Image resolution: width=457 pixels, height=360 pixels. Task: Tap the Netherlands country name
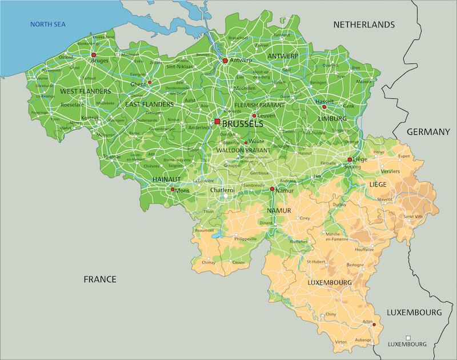(x=364, y=25)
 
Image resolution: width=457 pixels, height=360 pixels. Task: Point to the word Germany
(x=428, y=132)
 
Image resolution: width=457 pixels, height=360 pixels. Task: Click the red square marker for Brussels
(x=217, y=122)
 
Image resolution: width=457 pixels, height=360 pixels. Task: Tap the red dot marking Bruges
(x=94, y=55)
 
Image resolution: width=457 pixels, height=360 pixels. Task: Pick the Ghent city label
(x=138, y=85)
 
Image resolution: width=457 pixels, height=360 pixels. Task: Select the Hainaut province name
(x=167, y=179)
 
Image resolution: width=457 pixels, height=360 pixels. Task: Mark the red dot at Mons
(x=173, y=189)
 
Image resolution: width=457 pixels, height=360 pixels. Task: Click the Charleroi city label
(x=223, y=190)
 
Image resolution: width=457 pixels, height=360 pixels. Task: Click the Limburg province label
(x=332, y=118)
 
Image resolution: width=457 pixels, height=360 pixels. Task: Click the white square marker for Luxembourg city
(x=408, y=338)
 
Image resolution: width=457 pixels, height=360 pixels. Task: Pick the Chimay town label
(x=209, y=262)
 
